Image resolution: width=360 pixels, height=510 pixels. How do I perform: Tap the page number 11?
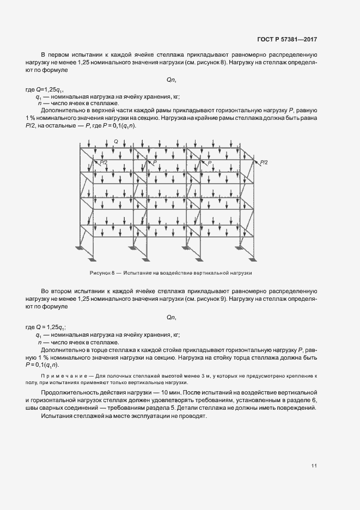314,465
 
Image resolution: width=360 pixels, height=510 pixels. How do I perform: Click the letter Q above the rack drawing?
115,142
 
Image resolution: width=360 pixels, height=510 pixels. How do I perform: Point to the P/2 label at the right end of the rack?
264,162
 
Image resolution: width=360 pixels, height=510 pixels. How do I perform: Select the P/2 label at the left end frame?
103,162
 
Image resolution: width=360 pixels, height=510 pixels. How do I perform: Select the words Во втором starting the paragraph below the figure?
58,293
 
